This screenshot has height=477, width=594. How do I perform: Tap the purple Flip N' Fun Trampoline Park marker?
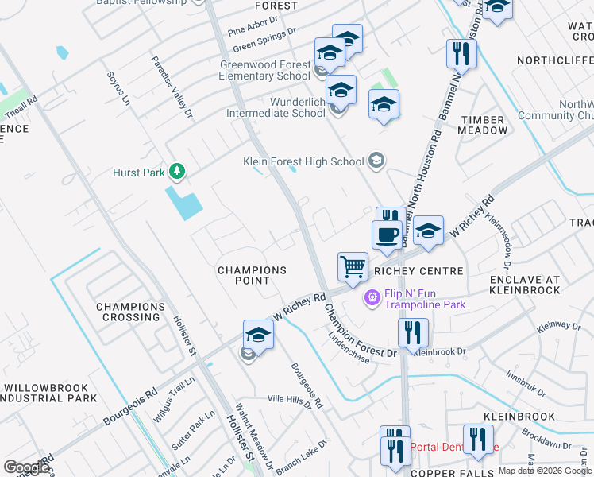371,299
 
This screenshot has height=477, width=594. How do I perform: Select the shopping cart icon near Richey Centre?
353,267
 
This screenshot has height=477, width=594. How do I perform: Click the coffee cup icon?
387,235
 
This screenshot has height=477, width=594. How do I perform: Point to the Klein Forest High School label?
303,161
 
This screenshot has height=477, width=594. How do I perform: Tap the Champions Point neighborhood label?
253,276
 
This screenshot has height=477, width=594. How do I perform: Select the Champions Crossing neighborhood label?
130,312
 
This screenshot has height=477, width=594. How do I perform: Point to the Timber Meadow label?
483,125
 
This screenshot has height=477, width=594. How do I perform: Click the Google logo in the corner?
26,467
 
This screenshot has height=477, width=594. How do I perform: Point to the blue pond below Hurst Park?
184,202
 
